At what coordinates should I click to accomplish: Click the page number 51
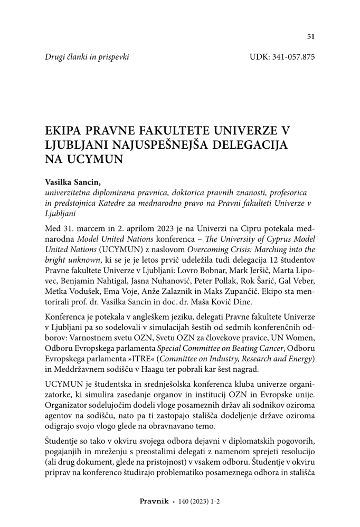(310, 36)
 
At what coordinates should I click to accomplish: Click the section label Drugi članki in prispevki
(87, 56)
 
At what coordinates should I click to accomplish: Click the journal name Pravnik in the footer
(154, 502)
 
